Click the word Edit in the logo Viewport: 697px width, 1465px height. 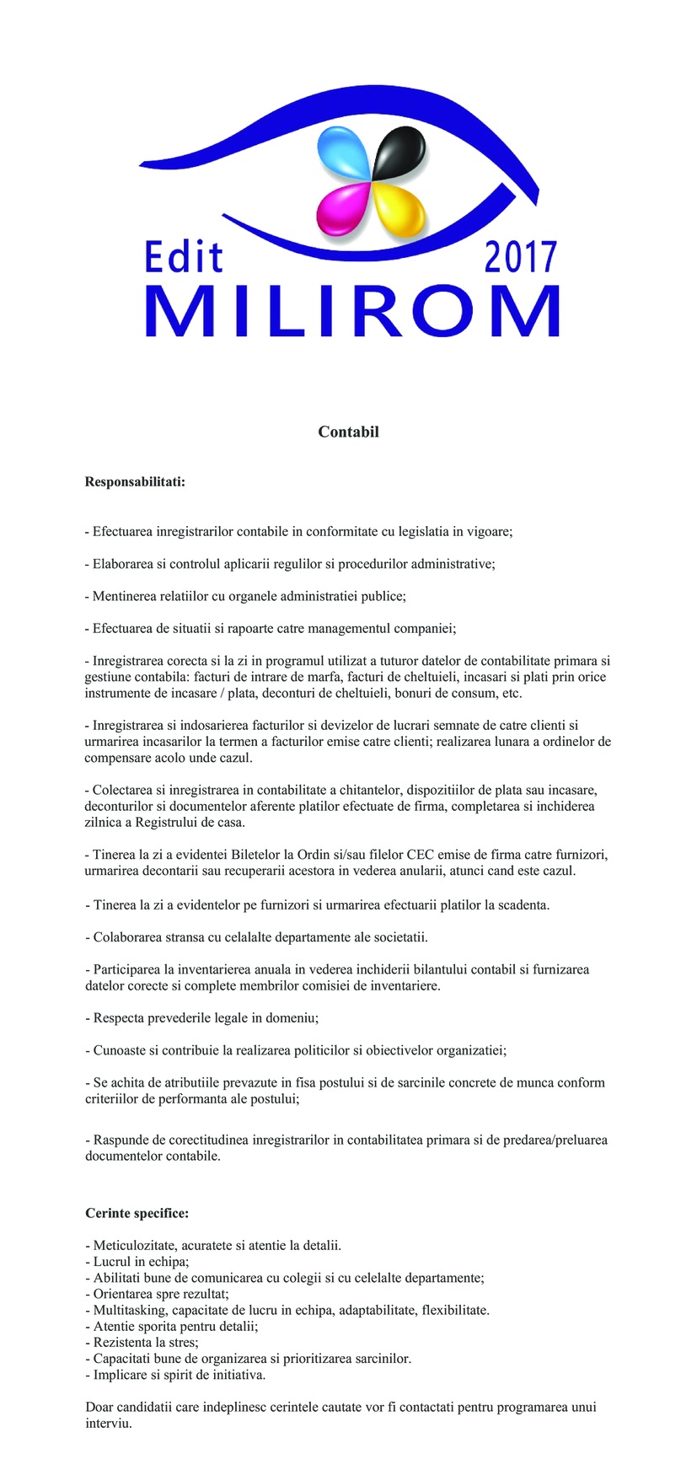(184, 256)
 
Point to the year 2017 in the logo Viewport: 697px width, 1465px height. (520, 256)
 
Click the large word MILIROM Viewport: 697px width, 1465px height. (352, 311)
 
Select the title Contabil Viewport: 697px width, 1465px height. (348, 432)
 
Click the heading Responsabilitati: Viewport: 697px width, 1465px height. (135, 482)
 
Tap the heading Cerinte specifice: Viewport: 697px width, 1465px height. (137, 1213)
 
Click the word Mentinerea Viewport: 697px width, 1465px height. (126, 596)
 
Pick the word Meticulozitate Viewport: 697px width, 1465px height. (134, 1245)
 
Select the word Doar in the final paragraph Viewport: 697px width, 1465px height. (99, 1407)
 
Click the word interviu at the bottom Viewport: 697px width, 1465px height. (108, 1424)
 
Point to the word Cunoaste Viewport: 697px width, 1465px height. (119, 1050)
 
